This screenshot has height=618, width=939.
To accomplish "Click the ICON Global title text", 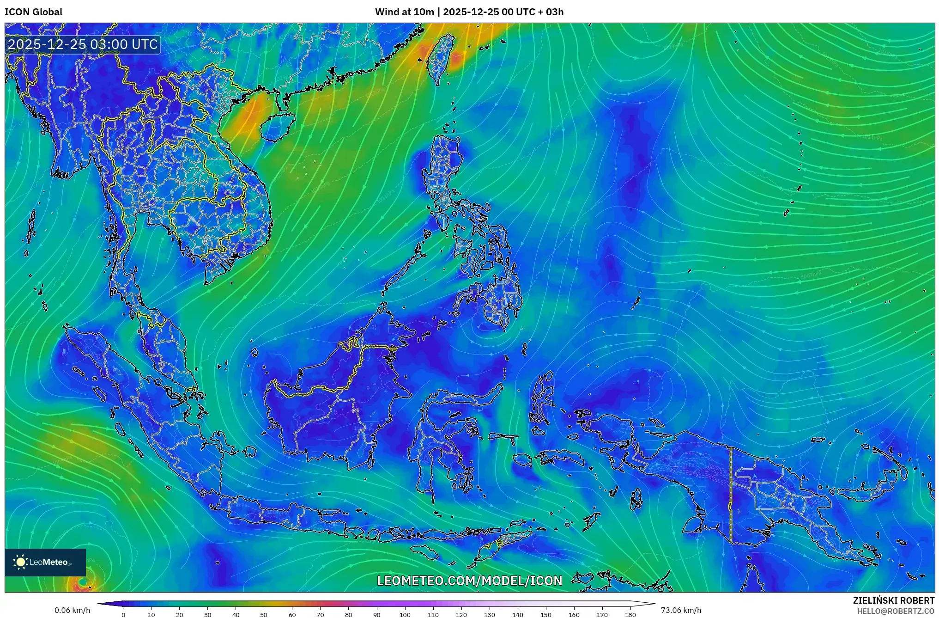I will tap(33, 12).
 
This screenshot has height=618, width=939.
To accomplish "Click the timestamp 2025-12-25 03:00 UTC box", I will tap(83, 45).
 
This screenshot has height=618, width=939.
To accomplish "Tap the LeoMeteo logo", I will tap(45, 562).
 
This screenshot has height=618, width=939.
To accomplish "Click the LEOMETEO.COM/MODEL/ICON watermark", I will tap(469, 581).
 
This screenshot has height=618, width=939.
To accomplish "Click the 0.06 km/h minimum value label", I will tap(72, 610).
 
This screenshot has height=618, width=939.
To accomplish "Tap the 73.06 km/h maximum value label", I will tap(681, 610).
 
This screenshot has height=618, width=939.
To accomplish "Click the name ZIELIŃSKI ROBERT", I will tap(893, 600).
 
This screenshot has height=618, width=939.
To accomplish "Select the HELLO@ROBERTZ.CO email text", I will tap(896, 611).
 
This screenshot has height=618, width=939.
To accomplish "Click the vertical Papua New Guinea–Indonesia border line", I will tap(731, 495).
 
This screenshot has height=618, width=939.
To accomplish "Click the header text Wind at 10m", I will tap(404, 12).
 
